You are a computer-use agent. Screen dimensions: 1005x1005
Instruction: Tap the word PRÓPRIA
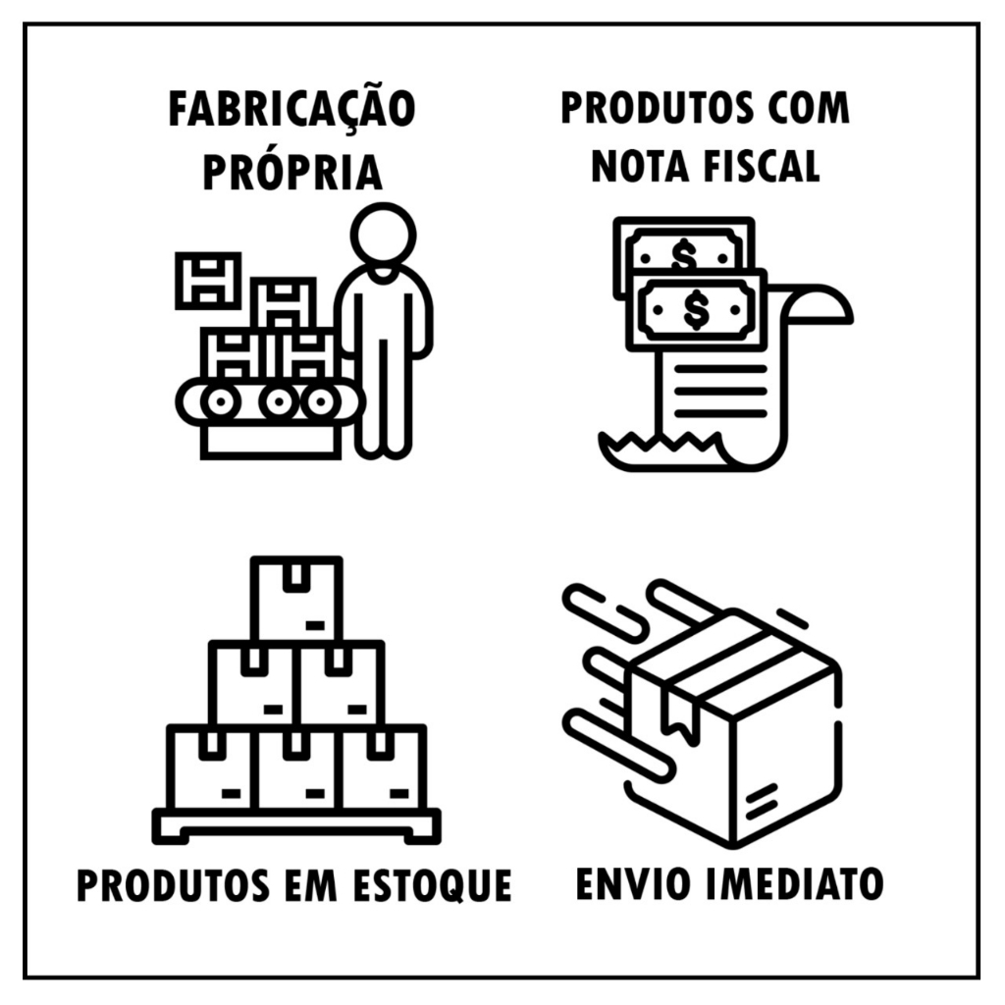[292, 172]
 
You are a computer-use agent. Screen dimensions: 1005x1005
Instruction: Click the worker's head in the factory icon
[384, 235]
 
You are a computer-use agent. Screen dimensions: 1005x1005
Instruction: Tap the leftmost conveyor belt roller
[220, 402]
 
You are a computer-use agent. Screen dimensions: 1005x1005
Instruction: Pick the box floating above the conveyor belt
[208, 281]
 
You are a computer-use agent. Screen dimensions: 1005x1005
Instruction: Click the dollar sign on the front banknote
[696, 309]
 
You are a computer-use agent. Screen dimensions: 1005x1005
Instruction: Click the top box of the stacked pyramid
[296, 599]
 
